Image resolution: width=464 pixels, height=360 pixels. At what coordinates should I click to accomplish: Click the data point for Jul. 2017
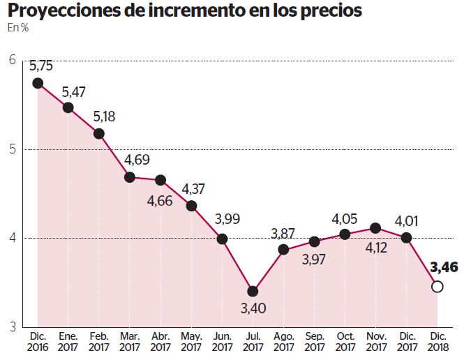pyautogui.click(x=253, y=291)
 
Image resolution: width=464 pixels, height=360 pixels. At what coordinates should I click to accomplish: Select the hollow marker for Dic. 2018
pyautogui.click(x=437, y=286)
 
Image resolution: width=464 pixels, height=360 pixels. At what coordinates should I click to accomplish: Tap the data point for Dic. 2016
pyautogui.click(x=38, y=83)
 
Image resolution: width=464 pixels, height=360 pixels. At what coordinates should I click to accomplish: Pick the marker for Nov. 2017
pyautogui.click(x=375, y=228)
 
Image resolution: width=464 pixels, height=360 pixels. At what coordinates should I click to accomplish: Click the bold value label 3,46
pyautogui.click(x=444, y=267)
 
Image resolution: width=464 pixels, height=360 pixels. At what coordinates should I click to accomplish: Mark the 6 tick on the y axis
pyautogui.click(x=12, y=61)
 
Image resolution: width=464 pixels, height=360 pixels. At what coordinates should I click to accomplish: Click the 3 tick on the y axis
pyautogui.click(x=12, y=327)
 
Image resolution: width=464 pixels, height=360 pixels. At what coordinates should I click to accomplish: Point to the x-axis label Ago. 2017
pyautogui.click(x=283, y=341)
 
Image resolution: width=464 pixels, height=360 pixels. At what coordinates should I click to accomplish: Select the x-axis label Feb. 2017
pyautogui.click(x=99, y=341)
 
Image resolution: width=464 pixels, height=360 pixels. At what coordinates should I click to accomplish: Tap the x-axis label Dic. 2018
pyautogui.click(x=437, y=341)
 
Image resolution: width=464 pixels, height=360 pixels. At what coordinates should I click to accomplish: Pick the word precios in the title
pyautogui.click(x=331, y=11)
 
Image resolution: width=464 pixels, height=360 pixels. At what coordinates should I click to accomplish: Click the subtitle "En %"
pyautogui.click(x=17, y=28)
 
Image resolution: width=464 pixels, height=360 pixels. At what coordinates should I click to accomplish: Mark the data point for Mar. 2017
pyautogui.click(x=130, y=177)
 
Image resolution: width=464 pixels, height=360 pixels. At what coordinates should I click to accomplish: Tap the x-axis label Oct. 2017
pyautogui.click(x=345, y=341)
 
